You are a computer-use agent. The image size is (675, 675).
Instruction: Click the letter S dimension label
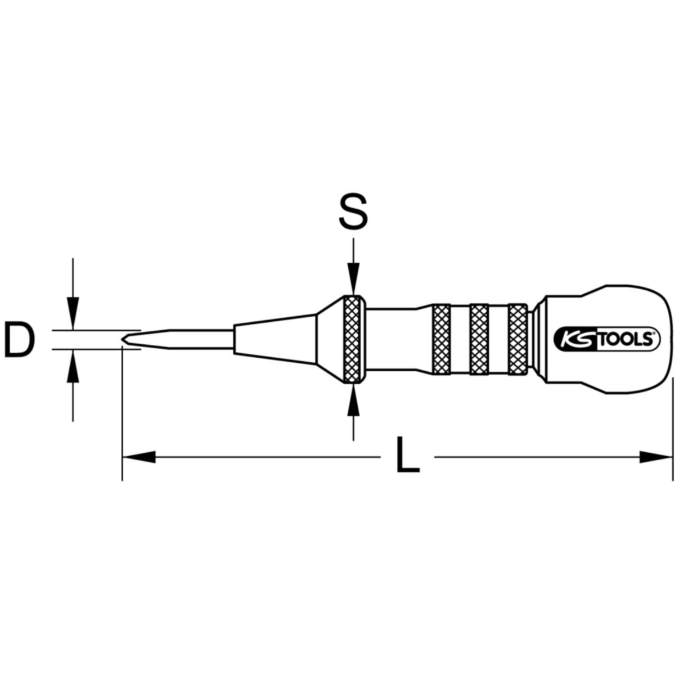[353, 211]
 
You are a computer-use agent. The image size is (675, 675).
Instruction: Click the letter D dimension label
[20, 339]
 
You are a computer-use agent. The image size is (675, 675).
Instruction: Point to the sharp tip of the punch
[122, 339]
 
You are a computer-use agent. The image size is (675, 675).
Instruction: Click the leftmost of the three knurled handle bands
[442, 339]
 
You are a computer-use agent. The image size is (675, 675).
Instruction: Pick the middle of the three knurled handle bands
[479, 339]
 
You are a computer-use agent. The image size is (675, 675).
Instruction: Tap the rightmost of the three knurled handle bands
[517, 339]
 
